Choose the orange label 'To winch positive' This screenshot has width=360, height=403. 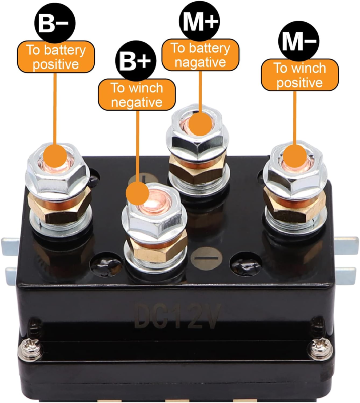click(x=299, y=75)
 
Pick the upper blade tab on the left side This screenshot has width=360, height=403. click(x=14, y=247)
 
